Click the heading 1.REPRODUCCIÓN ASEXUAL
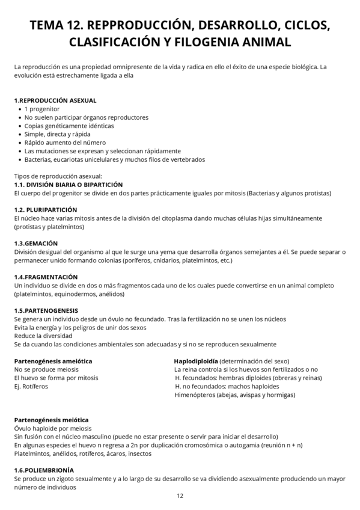pyautogui.click(x=55, y=100)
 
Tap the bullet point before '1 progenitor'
pyautogui.click(x=20, y=109)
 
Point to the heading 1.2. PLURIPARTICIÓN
pyautogui.click(x=47, y=209)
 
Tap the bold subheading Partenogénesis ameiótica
pyautogui.click(x=53, y=361)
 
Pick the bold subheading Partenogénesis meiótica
pyautogui.click(x=51, y=420)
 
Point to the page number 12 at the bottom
pyautogui.click(x=180, y=496)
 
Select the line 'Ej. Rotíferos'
pyautogui.click(x=31, y=386)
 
